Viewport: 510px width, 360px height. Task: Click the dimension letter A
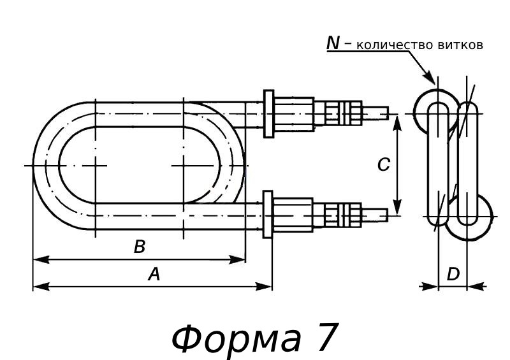click(x=154, y=275)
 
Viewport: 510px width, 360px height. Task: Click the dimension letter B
click(x=140, y=247)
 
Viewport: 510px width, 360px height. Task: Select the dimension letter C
click(x=383, y=165)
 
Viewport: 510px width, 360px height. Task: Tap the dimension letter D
click(x=453, y=275)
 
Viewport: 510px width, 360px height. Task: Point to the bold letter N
click(x=333, y=43)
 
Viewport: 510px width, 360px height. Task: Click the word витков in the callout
click(x=460, y=45)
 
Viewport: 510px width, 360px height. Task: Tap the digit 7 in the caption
click(x=324, y=338)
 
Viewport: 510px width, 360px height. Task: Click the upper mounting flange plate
click(x=268, y=113)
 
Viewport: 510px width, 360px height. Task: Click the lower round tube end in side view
click(x=473, y=217)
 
